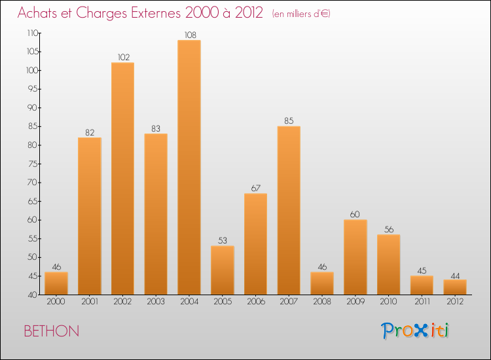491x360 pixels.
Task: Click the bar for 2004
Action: [x=189, y=167]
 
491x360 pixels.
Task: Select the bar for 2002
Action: [x=122, y=178]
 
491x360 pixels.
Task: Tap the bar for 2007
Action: [x=289, y=210]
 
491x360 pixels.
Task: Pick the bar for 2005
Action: [x=223, y=270]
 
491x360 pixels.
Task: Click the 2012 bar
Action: [x=455, y=287]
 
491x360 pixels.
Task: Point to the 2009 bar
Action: [x=355, y=257]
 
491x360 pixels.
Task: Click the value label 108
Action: [x=189, y=35]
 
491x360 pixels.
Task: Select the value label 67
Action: [x=255, y=189]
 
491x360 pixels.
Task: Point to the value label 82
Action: [x=90, y=133]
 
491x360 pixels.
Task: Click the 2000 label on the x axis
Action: [x=56, y=302]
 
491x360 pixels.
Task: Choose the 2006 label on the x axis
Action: [x=255, y=302]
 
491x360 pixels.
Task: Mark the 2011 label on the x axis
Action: [x=422, y=302]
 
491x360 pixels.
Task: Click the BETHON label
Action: [x=52, y=331]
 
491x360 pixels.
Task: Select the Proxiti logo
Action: [x=415, y=331]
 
